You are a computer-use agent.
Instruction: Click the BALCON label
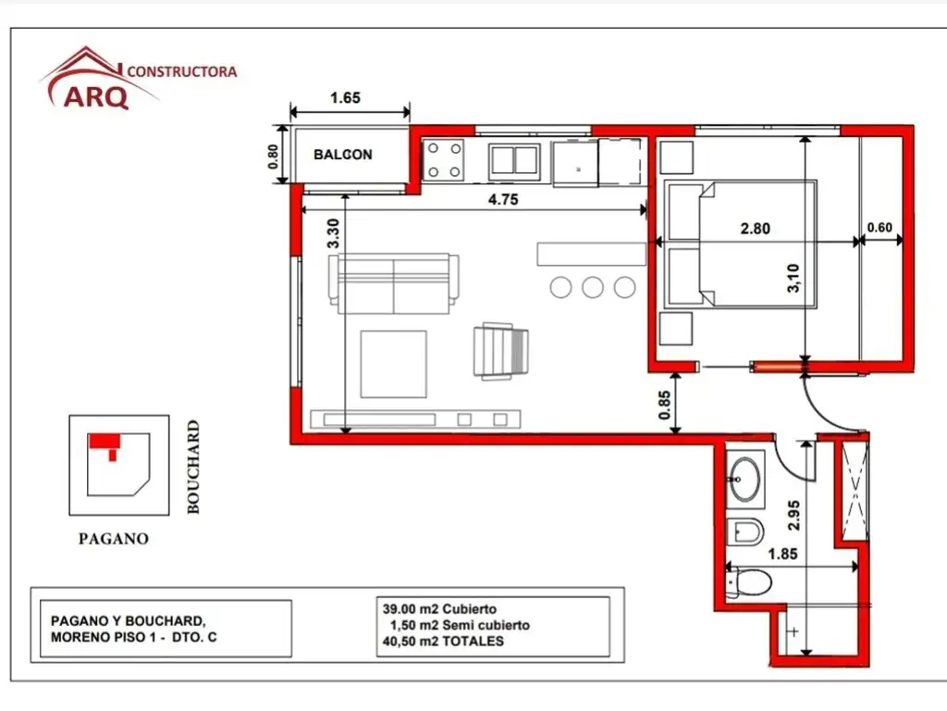click(x=342, y=155)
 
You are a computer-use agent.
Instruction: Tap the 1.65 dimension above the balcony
click(x=344, y=97)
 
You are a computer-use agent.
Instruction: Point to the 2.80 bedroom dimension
click(x=755, y=228)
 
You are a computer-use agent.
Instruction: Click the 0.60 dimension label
click(x=880, y=228)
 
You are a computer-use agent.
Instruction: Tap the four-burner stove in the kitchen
click(x=443, y=159)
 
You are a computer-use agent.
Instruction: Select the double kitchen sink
click(x=516, y=159)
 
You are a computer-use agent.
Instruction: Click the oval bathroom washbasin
click(x=744, y=479)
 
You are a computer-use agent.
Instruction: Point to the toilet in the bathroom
click(x=750, y=583)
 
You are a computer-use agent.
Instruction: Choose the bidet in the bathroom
click(x=745, y=531)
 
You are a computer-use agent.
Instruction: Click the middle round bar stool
click(x=593, y=287)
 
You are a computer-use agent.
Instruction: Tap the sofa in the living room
click(x=393, y=284)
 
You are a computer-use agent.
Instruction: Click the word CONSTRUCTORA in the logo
click(x=181, y=71)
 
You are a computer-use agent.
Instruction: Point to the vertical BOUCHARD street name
click(x=193, y=467)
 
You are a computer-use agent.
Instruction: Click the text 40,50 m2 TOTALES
click(x=443, y=641)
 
